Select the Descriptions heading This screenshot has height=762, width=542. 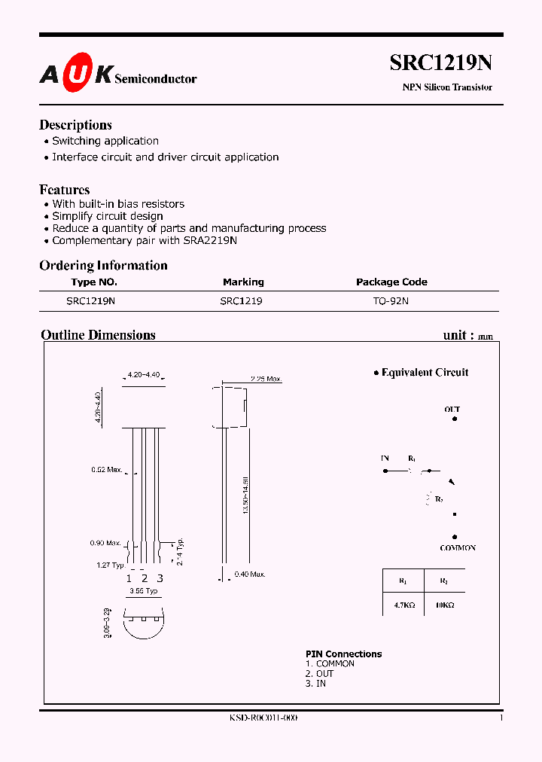[75, 125]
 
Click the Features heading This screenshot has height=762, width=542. [65, 190]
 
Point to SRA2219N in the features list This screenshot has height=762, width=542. [209, 240]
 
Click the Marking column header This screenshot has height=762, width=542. [243, 282]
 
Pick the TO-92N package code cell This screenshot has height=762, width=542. [391, 300]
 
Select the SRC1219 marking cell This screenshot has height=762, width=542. [241, 300]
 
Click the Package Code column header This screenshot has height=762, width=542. [391, 282]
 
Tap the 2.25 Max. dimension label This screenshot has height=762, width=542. [266, 379]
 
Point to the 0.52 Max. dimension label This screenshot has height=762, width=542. [106, 470]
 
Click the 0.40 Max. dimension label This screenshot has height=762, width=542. [250, 575]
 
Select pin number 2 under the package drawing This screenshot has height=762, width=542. [144, 578]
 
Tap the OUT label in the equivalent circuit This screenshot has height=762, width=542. [452, 410]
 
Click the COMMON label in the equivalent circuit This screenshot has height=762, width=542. [458, 548]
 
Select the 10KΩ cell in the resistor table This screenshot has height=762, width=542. [443, 605]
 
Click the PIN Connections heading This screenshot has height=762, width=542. [343, 654]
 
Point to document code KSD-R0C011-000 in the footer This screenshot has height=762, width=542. [263, 718]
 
